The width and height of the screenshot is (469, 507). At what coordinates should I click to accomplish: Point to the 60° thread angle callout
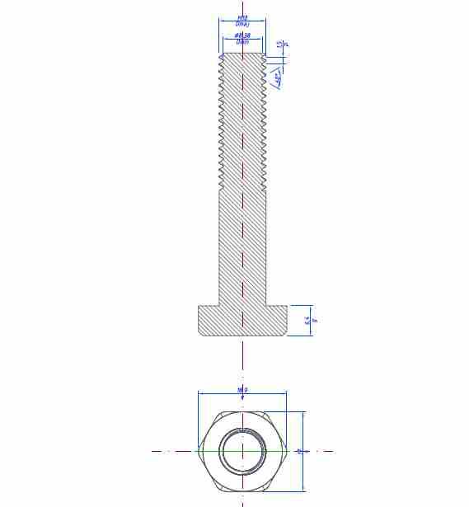coord(279,79)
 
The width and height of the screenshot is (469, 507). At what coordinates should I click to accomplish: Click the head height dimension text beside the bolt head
coord(307,320)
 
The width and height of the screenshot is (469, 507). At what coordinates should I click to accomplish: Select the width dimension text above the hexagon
coord(242,390)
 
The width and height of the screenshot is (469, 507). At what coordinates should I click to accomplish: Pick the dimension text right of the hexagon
coord(299,451)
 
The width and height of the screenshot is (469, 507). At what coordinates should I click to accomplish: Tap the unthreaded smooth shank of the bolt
coord(242,247)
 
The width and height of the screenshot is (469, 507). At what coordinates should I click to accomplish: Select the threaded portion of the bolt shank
coord(242,124)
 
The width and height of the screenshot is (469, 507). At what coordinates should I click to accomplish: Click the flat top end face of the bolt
coord(242,54)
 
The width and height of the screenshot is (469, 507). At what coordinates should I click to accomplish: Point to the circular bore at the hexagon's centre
coord(242,451)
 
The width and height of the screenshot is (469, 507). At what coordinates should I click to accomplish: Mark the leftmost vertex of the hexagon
coord(198,451)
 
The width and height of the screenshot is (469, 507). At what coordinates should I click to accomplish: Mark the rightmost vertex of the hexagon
coord(287,451)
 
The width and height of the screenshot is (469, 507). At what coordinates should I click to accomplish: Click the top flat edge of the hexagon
coord(242,412)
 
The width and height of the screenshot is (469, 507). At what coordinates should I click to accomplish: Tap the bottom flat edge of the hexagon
coord(242,491)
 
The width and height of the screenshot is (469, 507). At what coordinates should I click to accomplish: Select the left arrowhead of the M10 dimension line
coord(221,21)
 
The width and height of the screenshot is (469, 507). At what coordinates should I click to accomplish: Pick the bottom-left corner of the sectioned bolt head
coord(199,335)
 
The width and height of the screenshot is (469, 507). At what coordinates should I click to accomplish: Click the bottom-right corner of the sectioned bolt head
coord(288,335)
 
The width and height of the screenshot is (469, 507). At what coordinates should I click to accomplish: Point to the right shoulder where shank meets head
coord(266,305)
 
